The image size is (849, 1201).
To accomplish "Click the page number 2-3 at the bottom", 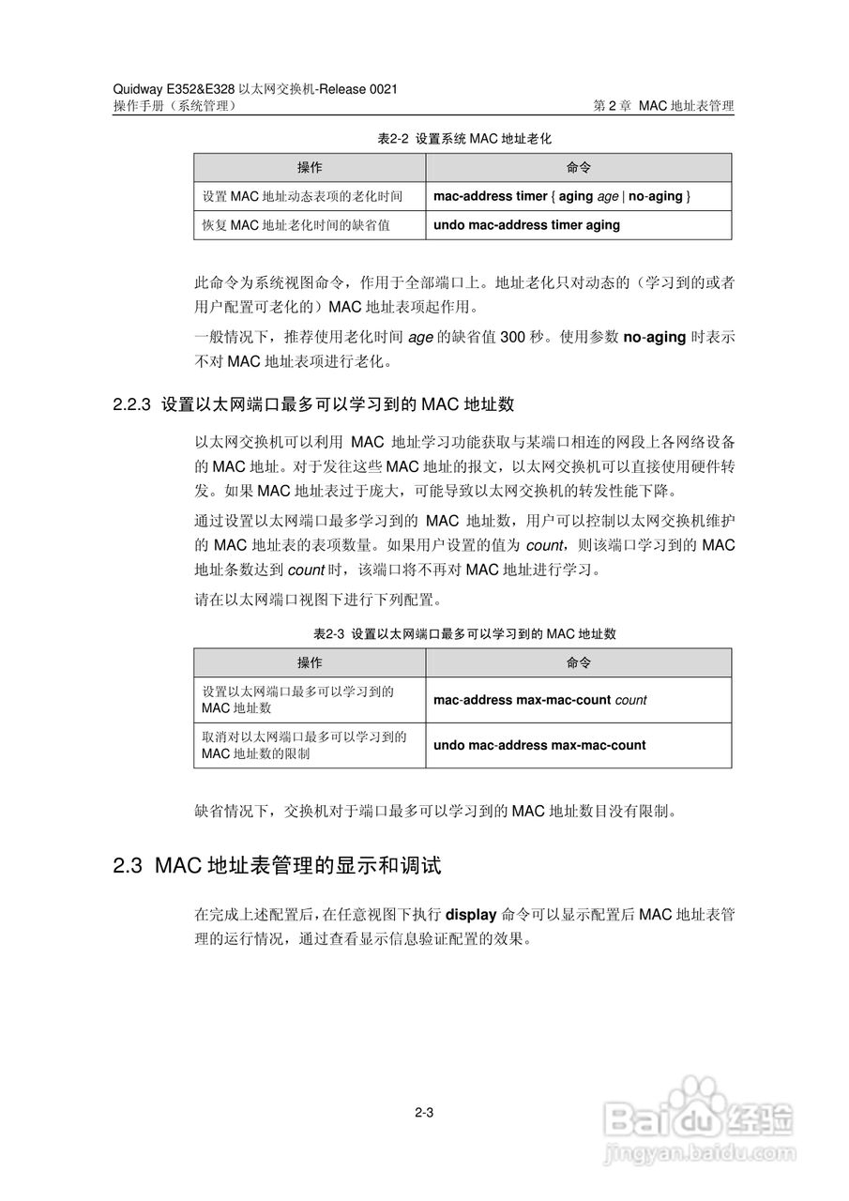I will tap(422, 1114).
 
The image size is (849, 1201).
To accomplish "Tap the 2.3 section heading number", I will tap(127, 865).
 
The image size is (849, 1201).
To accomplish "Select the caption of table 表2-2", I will tap(463, 138).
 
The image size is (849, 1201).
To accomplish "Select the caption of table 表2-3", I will tap(463, 633).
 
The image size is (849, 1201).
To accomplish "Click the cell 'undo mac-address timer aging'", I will tap(526, 225).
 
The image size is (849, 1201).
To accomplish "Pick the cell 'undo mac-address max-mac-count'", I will tap(539, 745).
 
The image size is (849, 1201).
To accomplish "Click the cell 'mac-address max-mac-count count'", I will tap(539, 700).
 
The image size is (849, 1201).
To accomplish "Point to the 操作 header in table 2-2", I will tap(310, 168).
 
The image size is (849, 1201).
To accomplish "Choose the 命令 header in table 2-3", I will tap(579, 662).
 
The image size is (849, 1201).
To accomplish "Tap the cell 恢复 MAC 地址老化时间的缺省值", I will tap(296, 225).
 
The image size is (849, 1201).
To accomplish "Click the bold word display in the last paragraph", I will tap(470, 915).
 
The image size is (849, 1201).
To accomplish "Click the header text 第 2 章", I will tap(614, 107).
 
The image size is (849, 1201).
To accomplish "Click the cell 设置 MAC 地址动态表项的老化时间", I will tap(303, 197).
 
